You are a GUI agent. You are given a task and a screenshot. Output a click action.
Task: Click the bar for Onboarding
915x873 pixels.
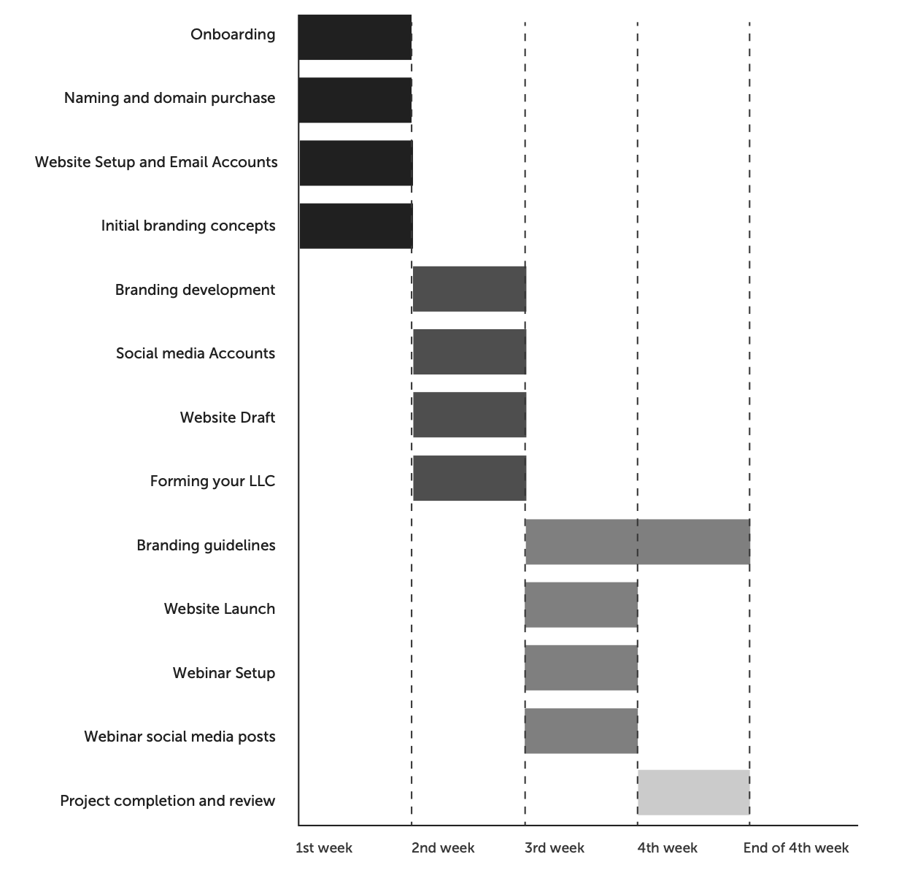click(355, 36)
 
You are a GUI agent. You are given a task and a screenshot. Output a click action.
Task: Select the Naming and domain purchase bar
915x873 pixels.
click(355, 100)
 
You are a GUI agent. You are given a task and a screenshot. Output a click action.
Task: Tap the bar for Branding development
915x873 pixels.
click(469, 289)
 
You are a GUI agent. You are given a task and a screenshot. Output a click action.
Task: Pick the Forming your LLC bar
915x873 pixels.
click(469, 478)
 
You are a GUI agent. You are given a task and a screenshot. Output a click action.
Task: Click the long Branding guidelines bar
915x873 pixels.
click(637, 542)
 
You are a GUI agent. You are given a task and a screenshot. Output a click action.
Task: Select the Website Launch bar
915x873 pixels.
click(581, 604)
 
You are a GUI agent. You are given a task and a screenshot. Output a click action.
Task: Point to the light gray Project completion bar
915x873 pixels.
click(693, 792)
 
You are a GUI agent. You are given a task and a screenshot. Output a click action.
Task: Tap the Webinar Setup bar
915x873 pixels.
click(581, 668)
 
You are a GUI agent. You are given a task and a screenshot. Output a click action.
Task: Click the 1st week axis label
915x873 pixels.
click(324, 848)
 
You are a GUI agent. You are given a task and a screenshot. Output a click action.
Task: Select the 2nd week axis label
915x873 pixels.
click(443, 848)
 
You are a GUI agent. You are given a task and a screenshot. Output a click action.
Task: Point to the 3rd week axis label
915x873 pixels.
click(555, 848)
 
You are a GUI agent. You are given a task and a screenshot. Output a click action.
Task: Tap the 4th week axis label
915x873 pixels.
click(667, 848)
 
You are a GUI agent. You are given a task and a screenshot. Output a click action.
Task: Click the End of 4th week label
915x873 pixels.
click(796, 848)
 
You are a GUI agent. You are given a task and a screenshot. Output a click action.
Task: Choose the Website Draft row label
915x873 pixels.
click(228, 418)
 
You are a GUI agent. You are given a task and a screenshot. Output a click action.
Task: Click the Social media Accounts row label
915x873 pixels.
click(196, 353)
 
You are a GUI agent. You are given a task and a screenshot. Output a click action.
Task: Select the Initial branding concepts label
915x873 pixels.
click(188, 226)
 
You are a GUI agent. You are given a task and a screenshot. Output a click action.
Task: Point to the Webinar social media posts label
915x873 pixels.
click(179, 737)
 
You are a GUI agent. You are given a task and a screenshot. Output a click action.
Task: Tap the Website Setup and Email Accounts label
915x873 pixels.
click(156, 162)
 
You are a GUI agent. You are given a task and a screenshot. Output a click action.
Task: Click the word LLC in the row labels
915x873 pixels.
click(260, 481)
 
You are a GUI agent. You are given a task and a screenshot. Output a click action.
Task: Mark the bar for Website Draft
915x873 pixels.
click(469, 415)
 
